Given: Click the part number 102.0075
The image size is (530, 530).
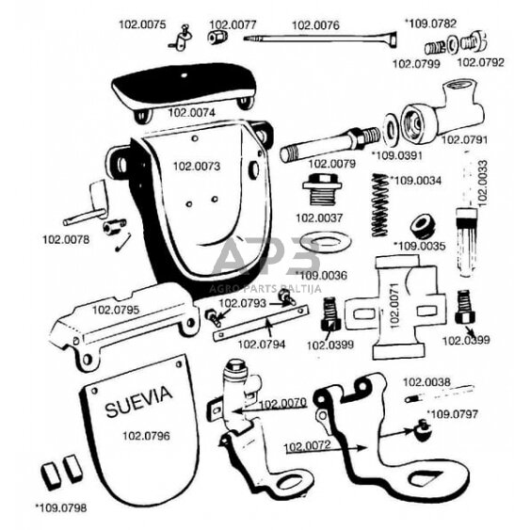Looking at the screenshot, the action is tap(142, 24).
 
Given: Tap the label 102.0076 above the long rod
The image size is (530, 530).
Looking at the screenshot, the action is tap(315, 25).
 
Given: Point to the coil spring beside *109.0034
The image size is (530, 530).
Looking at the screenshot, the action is tap(380, 205).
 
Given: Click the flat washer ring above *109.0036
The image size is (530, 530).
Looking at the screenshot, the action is tap(326, 242).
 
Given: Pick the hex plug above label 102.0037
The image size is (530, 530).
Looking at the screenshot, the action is tap(322, 189).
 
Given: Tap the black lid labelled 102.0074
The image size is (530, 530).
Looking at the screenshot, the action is tap(184, 88).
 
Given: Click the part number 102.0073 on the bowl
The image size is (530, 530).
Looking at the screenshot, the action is tap(197, 167).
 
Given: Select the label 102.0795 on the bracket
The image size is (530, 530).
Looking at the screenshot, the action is tap(116, 310).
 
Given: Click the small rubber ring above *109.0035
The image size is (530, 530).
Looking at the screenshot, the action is tap(423, 226).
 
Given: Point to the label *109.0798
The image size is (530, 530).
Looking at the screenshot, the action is tap(61, 507).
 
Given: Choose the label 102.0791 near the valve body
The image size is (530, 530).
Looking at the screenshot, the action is tap(464, 139).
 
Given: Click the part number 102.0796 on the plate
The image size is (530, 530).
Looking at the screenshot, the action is tap(146, 436).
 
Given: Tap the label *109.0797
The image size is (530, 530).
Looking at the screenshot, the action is tap(452, 413).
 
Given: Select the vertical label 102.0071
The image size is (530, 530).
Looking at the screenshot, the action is tap(394, 306).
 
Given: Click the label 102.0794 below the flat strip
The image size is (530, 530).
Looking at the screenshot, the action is tap(262, 345).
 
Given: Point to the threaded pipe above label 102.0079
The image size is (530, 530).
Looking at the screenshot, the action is tap(330, 144).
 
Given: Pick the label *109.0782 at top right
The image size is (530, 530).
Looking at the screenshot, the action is tap(430, 24).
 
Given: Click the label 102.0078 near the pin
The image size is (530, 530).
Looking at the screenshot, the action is tap(66, 240).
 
